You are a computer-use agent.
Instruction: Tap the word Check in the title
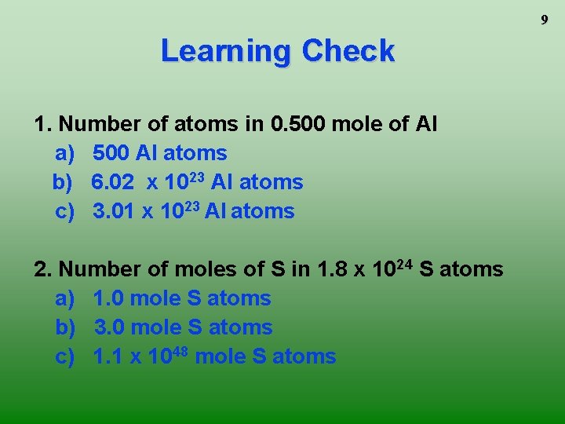coord(348,52)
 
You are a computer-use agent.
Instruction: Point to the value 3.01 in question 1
coord(112,211)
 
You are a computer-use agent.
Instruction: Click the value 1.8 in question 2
coord(333,269)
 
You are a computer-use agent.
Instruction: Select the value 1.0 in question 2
coord(108,298)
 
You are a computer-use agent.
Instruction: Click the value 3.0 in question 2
coord(110,327)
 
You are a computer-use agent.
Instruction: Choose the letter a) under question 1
coord(64,153)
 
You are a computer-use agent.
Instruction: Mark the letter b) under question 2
coord(64,327)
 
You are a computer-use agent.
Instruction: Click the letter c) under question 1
coord(64,211)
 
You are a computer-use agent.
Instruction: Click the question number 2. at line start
coord(44,269)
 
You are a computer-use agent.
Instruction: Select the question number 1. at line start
coord(44,124)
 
